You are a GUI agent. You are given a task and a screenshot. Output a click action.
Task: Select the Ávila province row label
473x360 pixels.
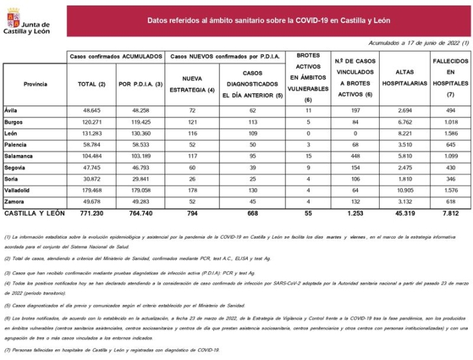click(11, 109)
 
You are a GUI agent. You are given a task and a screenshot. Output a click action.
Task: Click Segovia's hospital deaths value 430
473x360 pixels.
click(450, 166)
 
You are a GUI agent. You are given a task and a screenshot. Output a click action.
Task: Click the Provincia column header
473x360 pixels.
click(35, 84)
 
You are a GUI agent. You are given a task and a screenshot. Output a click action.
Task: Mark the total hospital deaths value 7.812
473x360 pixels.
click(450, 213)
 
